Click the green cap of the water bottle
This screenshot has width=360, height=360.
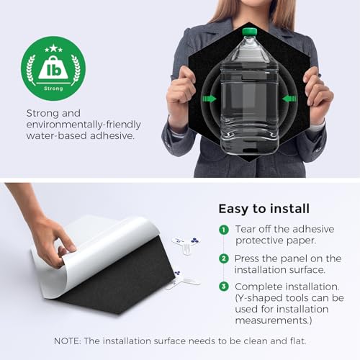pyautogui.click(x=249, y=32)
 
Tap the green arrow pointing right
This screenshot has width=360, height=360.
pyautogui.click(x=210, y=99)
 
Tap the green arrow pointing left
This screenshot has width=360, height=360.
pyautogui.click(x=289, y=99)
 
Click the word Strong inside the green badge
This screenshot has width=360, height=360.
pyautogui.click(x=53, y=89)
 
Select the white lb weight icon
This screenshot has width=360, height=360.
pyautogui.click(x=53, y=68)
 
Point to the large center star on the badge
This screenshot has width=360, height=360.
pyautogui.click(x=53, y=48)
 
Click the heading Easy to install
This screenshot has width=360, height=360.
pyautogui.click(x=264, y=209)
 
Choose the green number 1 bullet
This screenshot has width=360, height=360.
pyautogui.click(x=224, y=230)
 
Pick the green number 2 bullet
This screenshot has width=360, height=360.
pyautogui.click(x=224, y=258)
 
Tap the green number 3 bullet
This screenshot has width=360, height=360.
pyautogui.click(x=224, y=287)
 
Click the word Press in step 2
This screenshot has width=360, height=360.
pyautogui.click(x=247, y=258)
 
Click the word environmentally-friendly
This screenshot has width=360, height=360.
pyautogui.click(x=84, y=125)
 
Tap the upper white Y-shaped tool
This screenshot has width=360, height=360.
pyautogui.click(x=186, y=244)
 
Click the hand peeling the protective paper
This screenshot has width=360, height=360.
pyautogui.click(x=52, y=243)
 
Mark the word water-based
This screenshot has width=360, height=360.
pyautogui.click(x=56, y=136)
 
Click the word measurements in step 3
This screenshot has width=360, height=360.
pyautogui.click(x=274, y=320)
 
